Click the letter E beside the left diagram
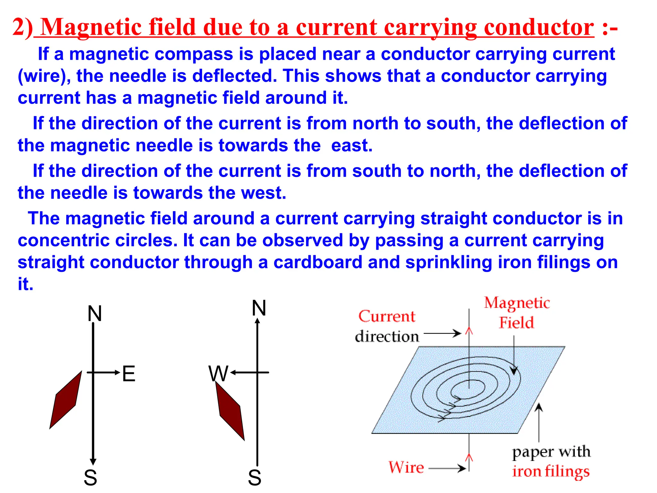coord(129,374)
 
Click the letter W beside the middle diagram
coord(218,374)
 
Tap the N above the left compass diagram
coord(95,314)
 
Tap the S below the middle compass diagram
coord(254,478)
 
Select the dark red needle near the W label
coord(230,411)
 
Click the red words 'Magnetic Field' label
coord(517,312)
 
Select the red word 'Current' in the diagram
coord(387,316)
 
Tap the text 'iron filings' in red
coord(551,471)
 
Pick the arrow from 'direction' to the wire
coord(442,333)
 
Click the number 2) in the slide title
coord(22,27)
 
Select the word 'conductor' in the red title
coord(539,27)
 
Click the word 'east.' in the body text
coord(352,145)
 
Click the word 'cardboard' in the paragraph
coord(318,262)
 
